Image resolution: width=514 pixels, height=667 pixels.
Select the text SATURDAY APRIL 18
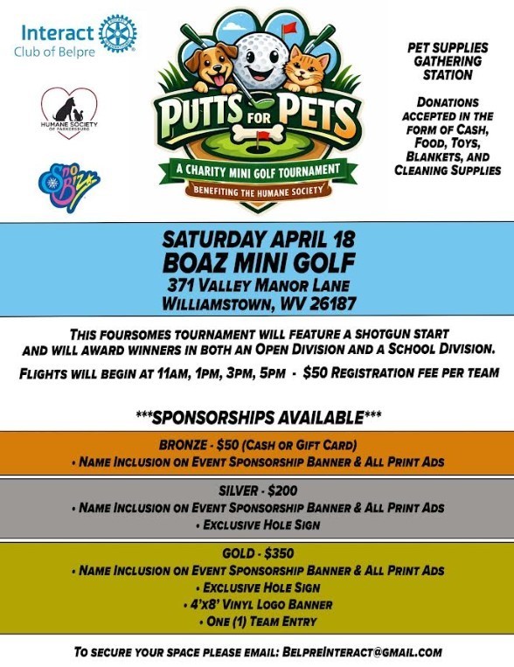257,239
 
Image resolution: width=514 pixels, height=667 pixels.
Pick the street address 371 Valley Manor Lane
257,284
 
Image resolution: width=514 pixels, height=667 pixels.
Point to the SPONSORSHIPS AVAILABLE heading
257,414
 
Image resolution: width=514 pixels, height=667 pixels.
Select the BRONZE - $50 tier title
257,441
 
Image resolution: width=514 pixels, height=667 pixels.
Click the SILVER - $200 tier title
257,491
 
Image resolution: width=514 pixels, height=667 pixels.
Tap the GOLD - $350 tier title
257,554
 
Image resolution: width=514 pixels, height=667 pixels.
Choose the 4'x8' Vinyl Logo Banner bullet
257,603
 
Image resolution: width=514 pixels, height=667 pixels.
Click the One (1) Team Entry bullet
257,620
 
